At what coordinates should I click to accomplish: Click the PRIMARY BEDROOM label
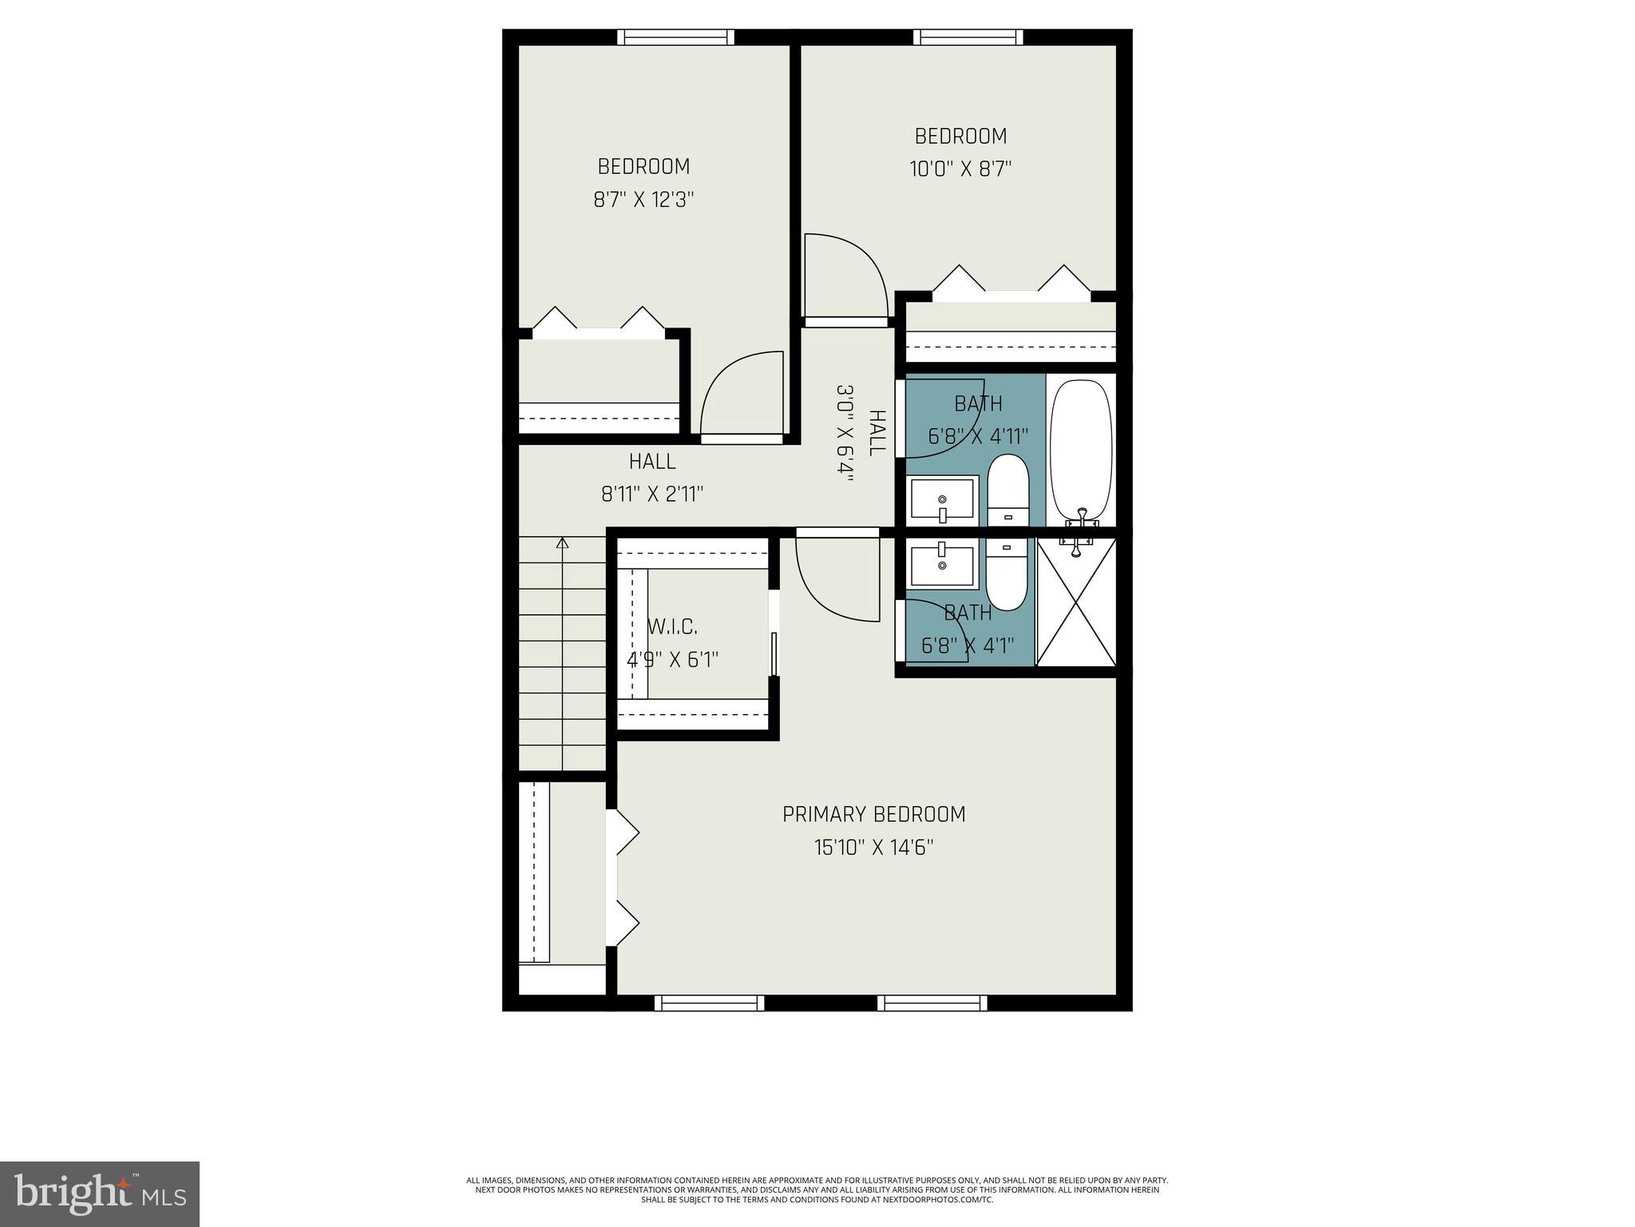pos(873,814)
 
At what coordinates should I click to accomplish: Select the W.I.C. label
pos(672,627)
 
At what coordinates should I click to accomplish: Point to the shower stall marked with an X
pos(1075,602)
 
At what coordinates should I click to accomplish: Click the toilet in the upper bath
pos(1008,490)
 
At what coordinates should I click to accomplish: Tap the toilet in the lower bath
pos(1007,574)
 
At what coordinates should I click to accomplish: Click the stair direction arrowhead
pos(563,543)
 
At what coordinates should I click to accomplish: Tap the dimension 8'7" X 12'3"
pos(643,200)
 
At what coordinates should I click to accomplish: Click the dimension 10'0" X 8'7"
pos(960,169)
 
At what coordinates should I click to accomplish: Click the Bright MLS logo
pos(100,1193)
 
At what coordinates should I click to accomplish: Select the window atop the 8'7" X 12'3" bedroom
pos(676,37)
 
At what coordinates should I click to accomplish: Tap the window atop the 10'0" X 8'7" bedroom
pos(968,37)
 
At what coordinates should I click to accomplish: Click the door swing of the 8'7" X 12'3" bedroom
pos(738,395)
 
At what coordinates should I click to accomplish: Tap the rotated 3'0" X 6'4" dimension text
pos(845,433)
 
